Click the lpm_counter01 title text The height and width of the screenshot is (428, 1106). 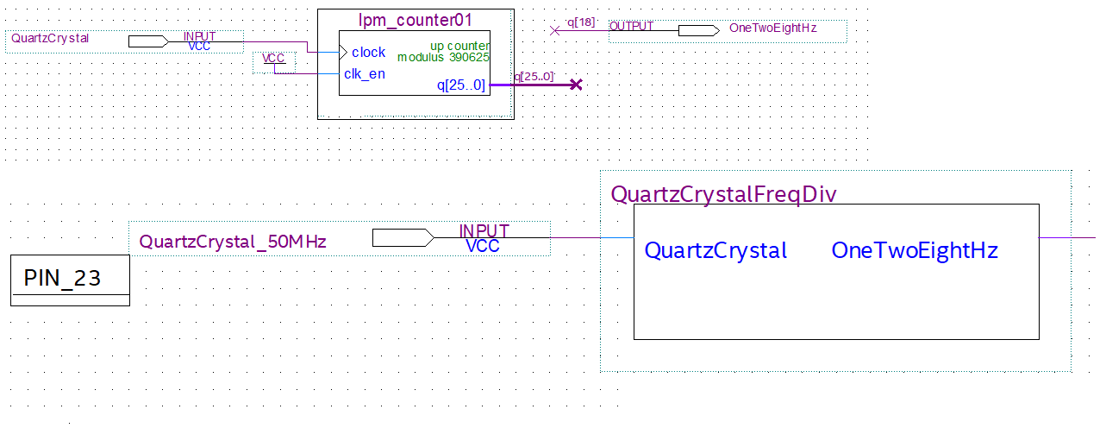[415, 20]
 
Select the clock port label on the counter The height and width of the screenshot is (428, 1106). [368, 52]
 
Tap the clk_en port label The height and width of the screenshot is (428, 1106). [365, 73]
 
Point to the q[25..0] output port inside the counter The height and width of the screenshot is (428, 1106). [461, 85]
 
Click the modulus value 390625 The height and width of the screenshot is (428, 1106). [469, 57]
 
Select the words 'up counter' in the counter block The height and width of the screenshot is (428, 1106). [459, 46]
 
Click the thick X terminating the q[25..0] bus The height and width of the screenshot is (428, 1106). [576, 85]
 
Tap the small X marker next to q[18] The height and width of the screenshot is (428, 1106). [554, 31]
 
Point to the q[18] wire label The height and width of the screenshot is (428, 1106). [581, 22]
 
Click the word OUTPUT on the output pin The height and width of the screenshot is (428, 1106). [632, 26]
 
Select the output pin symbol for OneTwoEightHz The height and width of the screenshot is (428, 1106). [698, 31]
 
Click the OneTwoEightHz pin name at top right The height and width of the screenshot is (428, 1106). [773, 28]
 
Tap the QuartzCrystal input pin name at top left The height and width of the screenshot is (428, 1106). [50, 38]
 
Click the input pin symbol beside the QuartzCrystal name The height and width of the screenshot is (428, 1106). [148, 41]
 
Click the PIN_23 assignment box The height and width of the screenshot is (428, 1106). [70, 280]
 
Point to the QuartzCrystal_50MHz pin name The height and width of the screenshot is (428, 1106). [233, 242]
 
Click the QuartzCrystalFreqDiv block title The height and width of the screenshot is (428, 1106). [724, 194]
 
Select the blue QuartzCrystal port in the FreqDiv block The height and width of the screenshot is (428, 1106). [715, 250]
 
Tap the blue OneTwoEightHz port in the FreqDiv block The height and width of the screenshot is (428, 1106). [915, 250]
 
